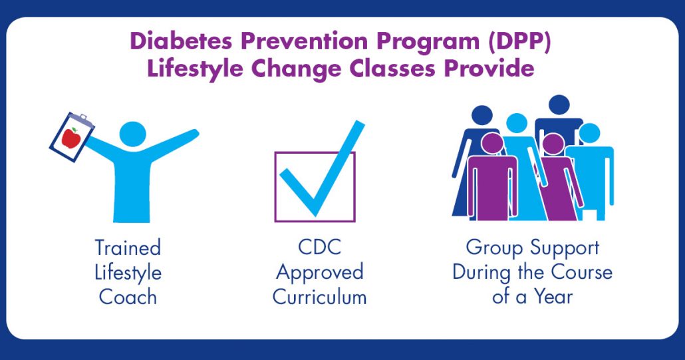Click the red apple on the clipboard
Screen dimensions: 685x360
pos(71,138)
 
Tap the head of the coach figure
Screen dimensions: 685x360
pos(133,134)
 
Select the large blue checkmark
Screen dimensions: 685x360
pos(322,168)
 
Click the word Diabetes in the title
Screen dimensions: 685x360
pos(182,41)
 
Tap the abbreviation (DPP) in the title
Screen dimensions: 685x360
pos(519,42)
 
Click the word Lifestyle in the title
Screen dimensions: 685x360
pos(195,69)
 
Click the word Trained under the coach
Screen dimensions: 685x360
pos(128,248)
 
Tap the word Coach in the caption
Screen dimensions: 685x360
pos(128,297)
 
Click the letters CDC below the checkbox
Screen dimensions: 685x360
pos(319,248)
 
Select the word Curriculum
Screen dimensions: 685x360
pos(319,297)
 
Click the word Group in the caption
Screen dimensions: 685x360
pos(494,248)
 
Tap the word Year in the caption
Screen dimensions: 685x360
pos(553,297)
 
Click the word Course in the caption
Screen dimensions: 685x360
pos(581,272)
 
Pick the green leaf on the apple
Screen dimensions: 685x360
pos(74,130)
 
